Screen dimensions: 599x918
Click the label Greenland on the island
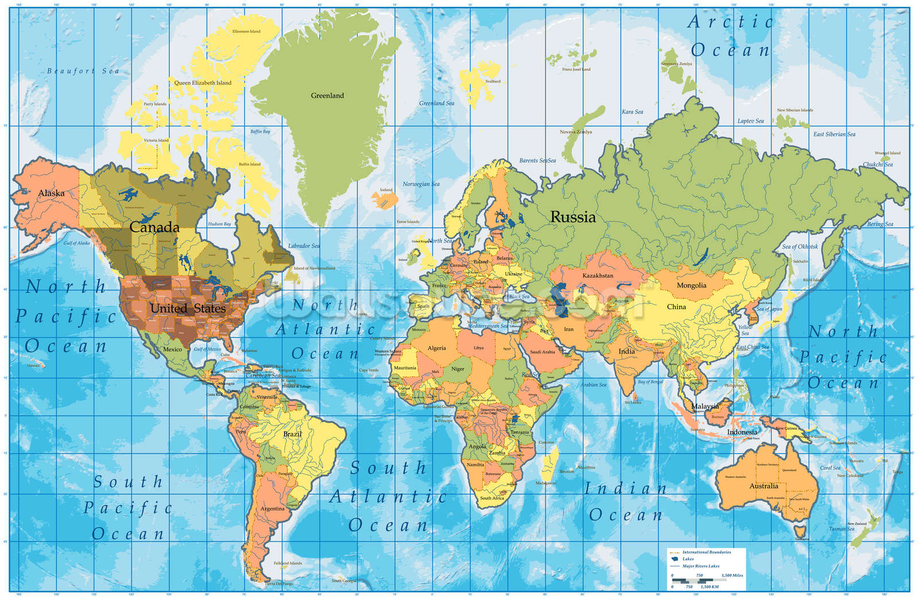(327, 95)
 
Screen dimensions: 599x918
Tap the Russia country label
(573, 217)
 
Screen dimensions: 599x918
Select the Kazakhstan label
(597, 276)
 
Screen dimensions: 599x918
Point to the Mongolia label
(691, 285)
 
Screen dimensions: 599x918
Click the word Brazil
(292, 434)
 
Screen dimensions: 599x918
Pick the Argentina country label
(272, 508)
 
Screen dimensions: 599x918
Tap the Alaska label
(51, 193)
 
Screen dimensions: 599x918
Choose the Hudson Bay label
(219, 224)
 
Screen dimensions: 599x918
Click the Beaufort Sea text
(83, 71)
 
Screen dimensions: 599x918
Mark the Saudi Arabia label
(542, 352)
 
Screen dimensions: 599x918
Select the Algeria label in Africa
(436, 348)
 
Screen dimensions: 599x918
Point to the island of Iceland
(384, 200)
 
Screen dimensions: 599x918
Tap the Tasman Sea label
(841, 528)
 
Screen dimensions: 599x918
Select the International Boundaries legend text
(706, 552)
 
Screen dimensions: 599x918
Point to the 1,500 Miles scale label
(732, 575)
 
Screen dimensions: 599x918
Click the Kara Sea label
(632, 112)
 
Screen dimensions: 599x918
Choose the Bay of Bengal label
(650, 382)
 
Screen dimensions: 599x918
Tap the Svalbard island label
(493, 81)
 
